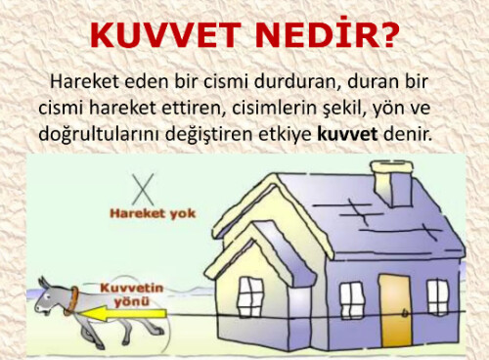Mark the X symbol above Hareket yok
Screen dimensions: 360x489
coord(145,186)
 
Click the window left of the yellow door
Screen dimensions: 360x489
coord(351,297)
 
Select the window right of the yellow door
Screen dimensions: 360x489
coord(437,296)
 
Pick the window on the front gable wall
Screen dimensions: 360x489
coord(251,296)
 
